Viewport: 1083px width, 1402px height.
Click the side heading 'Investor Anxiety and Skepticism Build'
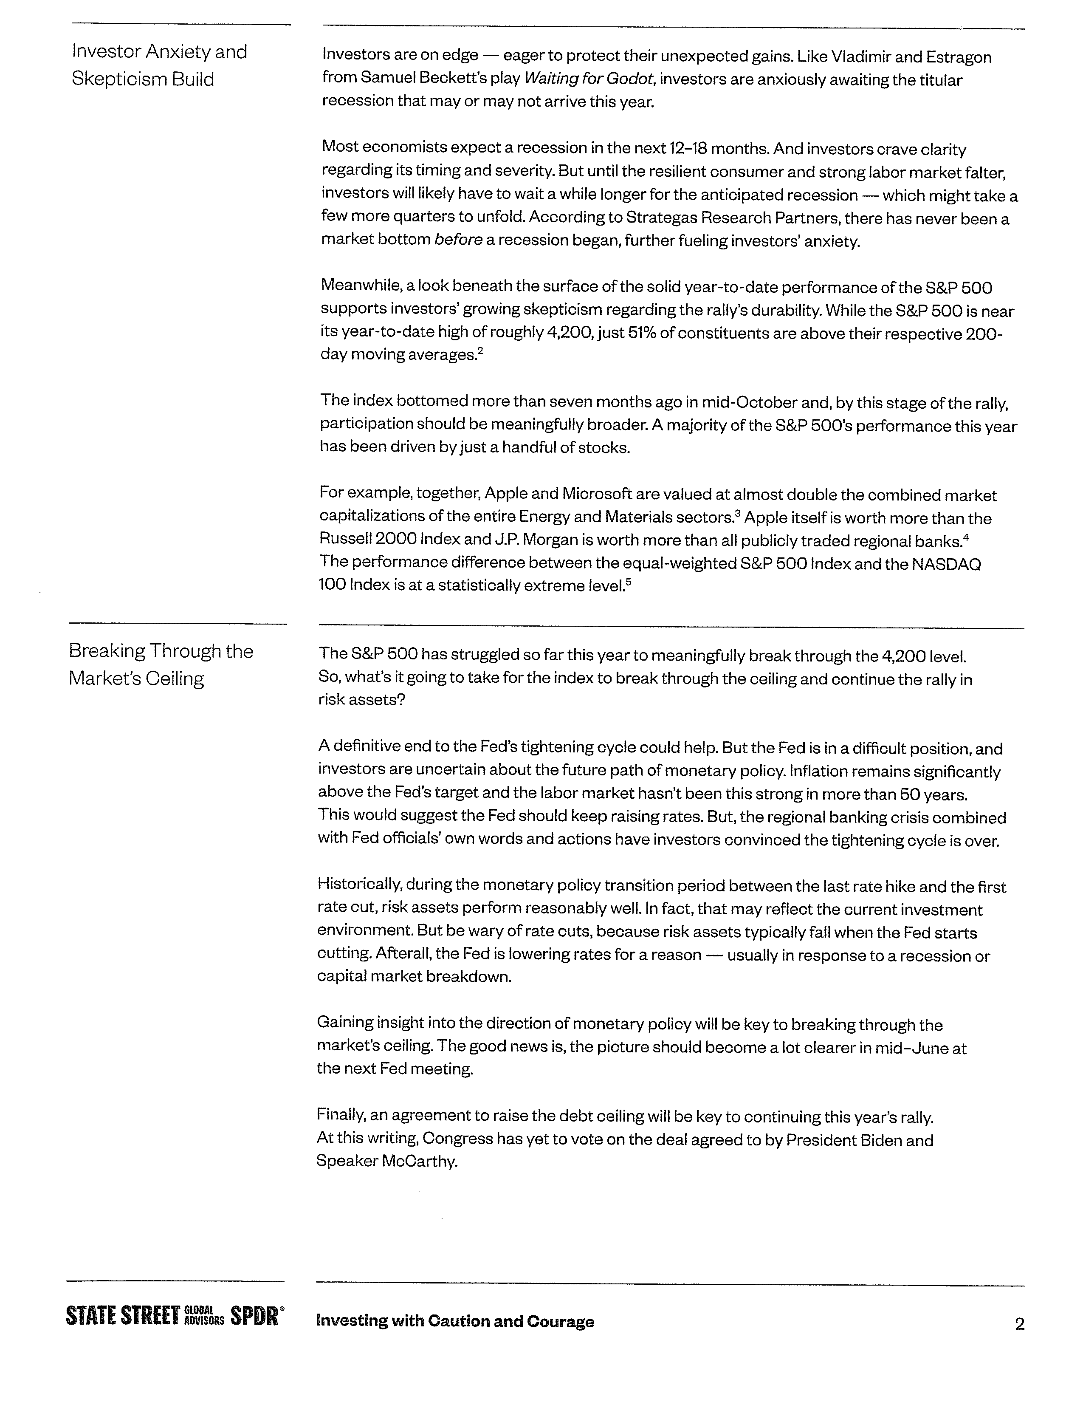click(x=159, y=65)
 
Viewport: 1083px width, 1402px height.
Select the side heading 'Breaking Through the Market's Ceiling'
click(x=161, y=664)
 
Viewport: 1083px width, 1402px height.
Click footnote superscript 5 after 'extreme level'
click(x=629, y=582)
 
